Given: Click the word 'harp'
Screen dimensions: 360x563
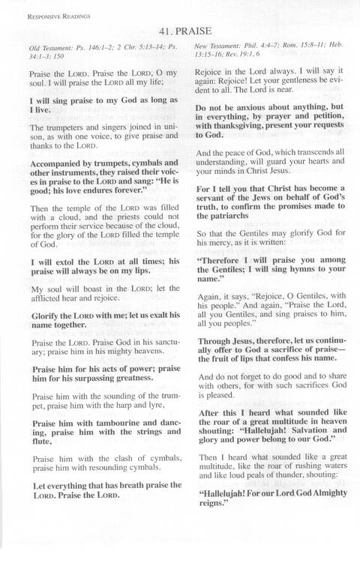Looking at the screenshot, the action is point(131,406).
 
